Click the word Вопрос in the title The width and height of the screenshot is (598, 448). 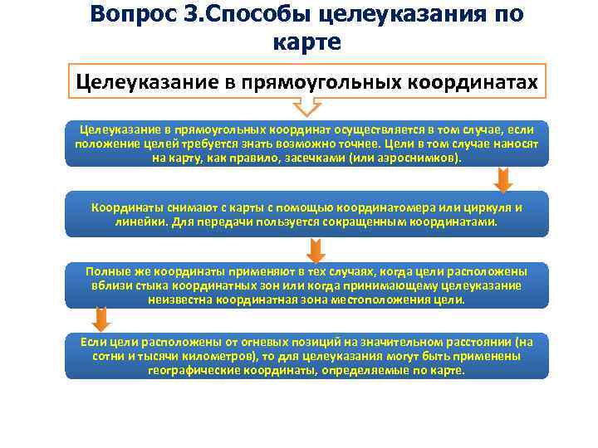[133, 15]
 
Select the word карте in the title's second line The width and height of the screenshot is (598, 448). [306, 42]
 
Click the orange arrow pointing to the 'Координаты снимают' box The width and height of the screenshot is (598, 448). [502, 179]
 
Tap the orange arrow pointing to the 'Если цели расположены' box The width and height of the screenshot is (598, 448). [100, 319]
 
